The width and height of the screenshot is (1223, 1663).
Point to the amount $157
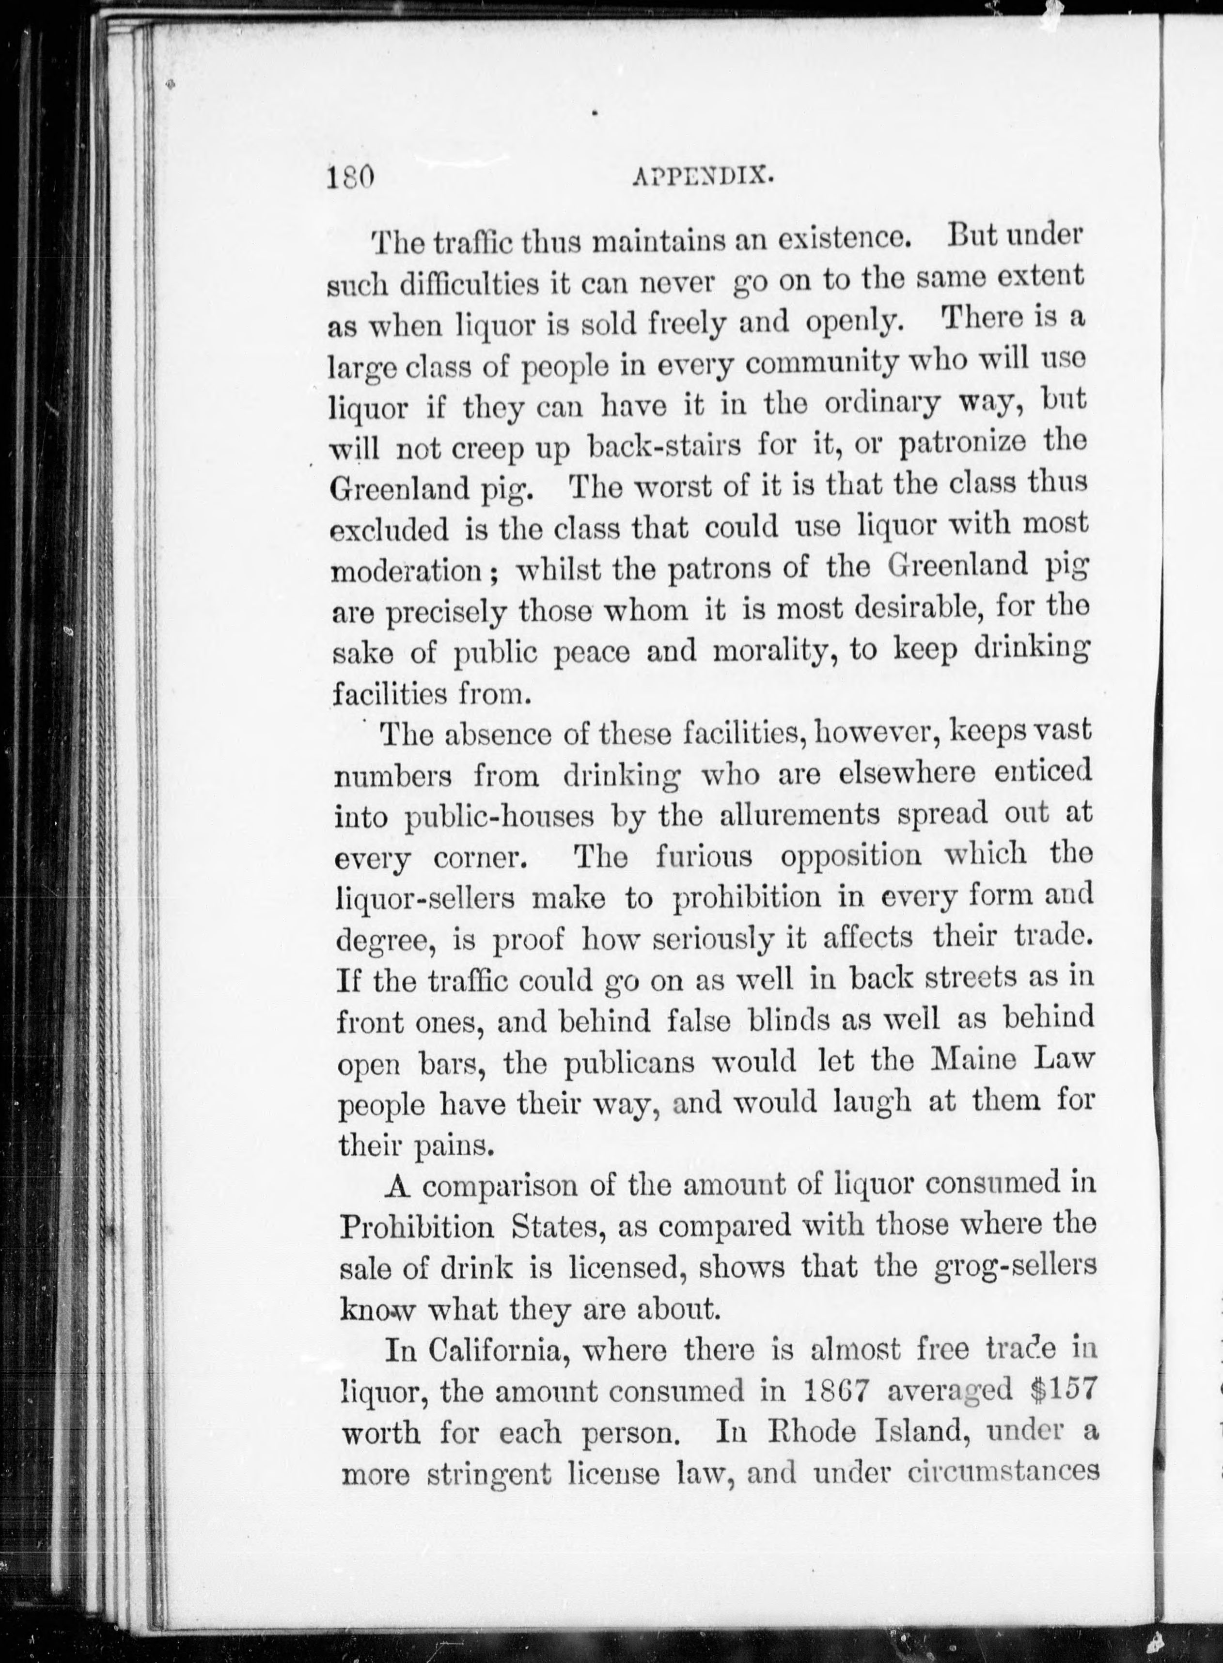(x=1062, y=1390)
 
